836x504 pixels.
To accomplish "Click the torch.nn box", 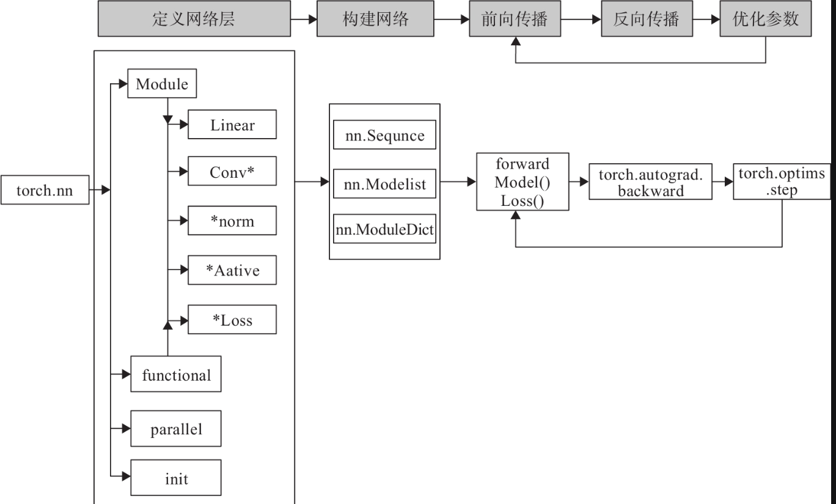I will pos(45,191).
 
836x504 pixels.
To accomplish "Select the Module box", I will pos(161,84).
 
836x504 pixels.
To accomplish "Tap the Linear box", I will pos(232,125).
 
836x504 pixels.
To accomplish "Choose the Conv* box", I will pos(232,173).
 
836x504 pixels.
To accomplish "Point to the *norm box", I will pos(232,222).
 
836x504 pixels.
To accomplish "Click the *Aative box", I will pos(232,270).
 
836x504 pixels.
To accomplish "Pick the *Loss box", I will pos(232,320).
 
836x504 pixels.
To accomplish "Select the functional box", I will pos(176,374).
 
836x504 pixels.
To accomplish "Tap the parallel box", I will pos(176,429).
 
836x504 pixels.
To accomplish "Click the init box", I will pos(176,478).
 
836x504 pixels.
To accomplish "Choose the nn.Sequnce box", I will pos(384,136).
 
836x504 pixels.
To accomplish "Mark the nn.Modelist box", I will pos(384,183).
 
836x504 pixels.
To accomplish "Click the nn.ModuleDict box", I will pos(384,228).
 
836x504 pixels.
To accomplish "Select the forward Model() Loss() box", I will pos(522,182).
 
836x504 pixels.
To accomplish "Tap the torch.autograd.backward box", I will pos(650,182).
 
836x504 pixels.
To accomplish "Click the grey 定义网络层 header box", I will pos(193,20).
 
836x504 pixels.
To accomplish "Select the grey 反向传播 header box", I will pos(646,20).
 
